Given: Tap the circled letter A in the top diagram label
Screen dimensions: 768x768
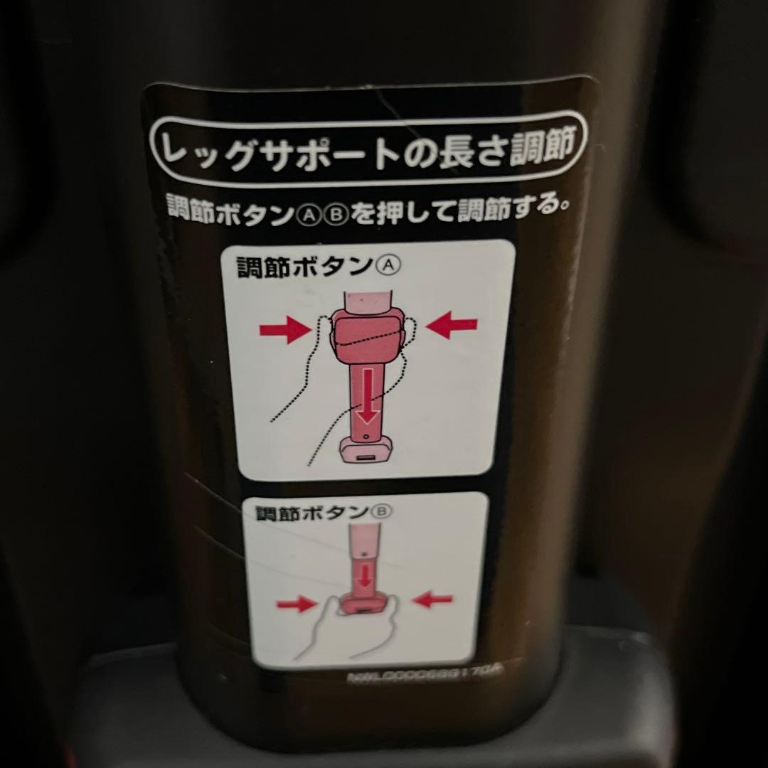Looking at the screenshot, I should [x=388, y=266].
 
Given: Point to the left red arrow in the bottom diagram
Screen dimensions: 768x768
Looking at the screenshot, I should [x=296, y=604].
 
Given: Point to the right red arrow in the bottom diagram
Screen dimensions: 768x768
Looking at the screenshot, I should [x=432, y=600].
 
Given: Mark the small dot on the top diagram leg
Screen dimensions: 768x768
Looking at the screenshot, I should [x=365, y=436].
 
